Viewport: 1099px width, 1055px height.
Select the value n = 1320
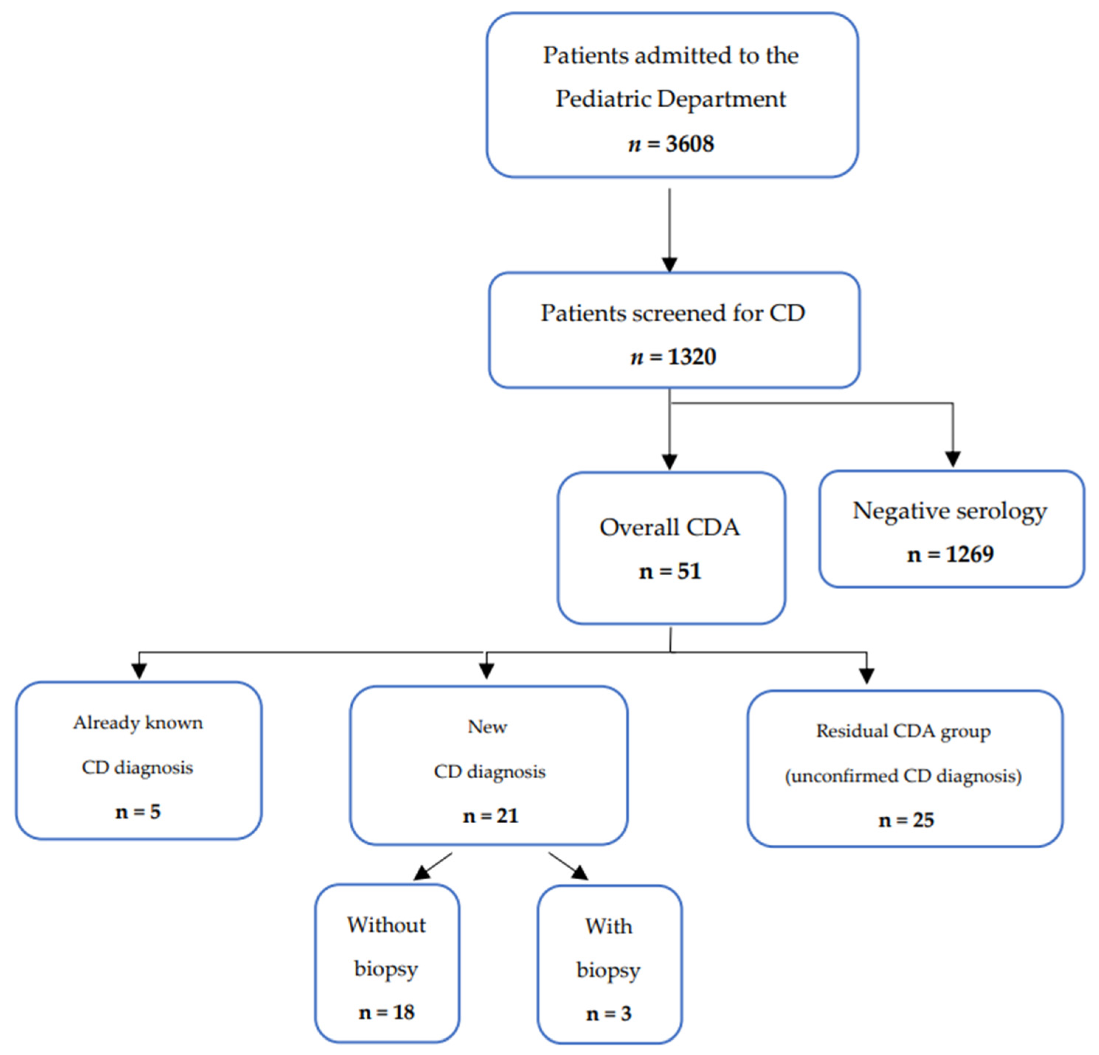pos(673,357)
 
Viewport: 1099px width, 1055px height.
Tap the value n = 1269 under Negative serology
pos(950,554)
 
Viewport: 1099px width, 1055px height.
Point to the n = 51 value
pos(670,571)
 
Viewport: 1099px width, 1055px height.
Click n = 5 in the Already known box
pos(138,811)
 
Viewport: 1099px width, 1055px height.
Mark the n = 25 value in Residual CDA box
pos(906,820)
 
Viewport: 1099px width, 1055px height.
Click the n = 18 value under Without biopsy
pos(386,1012)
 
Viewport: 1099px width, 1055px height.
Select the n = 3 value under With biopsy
pos(609,1014)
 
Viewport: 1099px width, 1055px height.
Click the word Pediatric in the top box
pos(604,99)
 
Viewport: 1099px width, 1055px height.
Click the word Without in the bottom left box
pos(386,925)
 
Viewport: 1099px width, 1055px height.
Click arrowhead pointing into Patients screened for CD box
pos(670,264)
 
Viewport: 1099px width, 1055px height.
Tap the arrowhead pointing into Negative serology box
pos(953,458)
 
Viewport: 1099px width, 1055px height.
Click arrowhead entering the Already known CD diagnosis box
pos(139,671)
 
